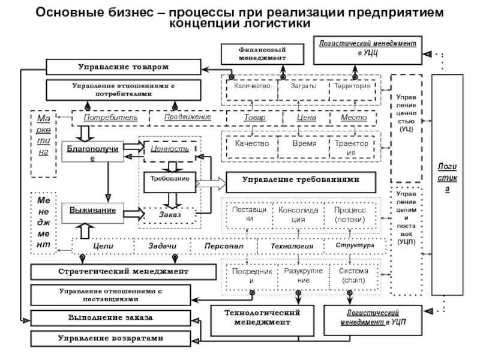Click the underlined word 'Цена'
(306, 117)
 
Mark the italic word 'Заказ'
(170, 214)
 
